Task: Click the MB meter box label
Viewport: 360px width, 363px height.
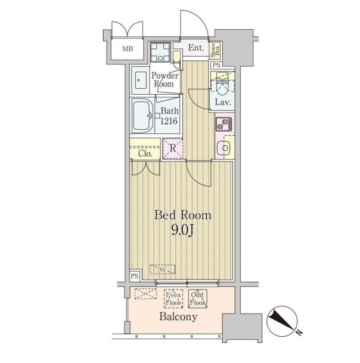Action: coord(128,49)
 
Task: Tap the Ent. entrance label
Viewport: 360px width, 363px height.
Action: coord(196,48)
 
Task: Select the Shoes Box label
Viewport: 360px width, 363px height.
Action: coord(215,51)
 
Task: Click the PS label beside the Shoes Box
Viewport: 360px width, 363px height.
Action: coord(216,66)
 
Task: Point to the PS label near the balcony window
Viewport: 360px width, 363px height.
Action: coord(135,276)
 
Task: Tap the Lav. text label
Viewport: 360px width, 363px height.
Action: coord(223,102)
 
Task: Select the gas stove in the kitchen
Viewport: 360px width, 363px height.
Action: coord(224,124)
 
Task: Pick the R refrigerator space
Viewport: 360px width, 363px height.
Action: coord(173,148)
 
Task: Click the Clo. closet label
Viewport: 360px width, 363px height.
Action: coord(145,154)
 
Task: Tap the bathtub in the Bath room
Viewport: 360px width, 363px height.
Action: coord(142,115)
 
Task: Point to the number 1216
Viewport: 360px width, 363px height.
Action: coord(169,121)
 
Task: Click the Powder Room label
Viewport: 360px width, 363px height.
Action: coord(165,80)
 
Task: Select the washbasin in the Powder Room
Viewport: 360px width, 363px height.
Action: coord(141,80)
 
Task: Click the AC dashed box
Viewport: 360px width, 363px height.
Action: coord(162,269)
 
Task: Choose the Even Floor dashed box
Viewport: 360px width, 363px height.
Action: coord(173,299)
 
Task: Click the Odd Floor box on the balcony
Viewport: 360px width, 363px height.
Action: coord(197,299)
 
